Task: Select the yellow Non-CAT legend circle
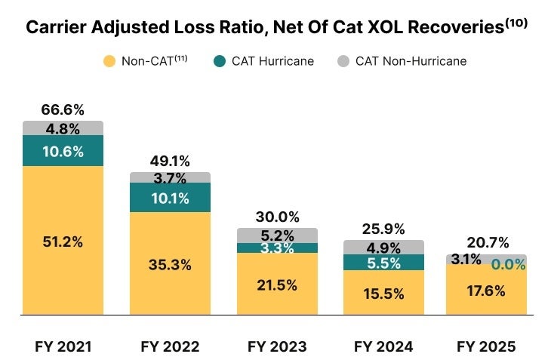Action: tap(109, 61)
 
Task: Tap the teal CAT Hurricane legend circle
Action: tap(219, 61)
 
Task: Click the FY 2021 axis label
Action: tap(63, 346)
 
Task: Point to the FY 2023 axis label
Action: tap(277, 346)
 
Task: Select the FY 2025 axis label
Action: tap(486, 346)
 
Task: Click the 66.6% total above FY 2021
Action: tap(63, 110)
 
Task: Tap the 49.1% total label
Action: tap(169, 161)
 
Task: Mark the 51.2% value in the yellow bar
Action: tap(63, 242)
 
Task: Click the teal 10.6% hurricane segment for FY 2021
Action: tap(63, 151)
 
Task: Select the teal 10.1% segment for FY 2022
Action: tap(170, 198)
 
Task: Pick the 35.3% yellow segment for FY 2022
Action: tap(170, 265)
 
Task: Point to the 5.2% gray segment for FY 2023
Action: tap(277, 235)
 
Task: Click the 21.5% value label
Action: tap(277, 285)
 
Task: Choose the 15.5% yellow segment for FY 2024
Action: tap(383, 294)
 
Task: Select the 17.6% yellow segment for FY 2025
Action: tap(486, 291)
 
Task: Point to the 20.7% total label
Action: tap(486, 244)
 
